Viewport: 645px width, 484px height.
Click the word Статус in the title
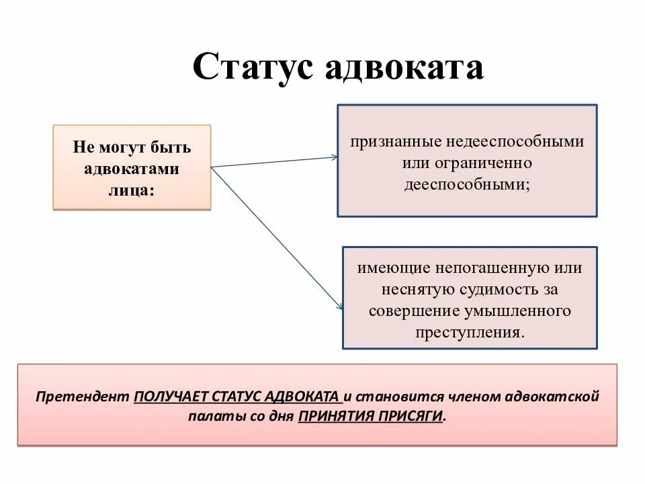[x=253, y=67]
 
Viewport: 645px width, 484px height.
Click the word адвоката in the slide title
[x=405, y=67]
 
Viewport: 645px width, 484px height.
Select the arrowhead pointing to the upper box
[x=332, y=158]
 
